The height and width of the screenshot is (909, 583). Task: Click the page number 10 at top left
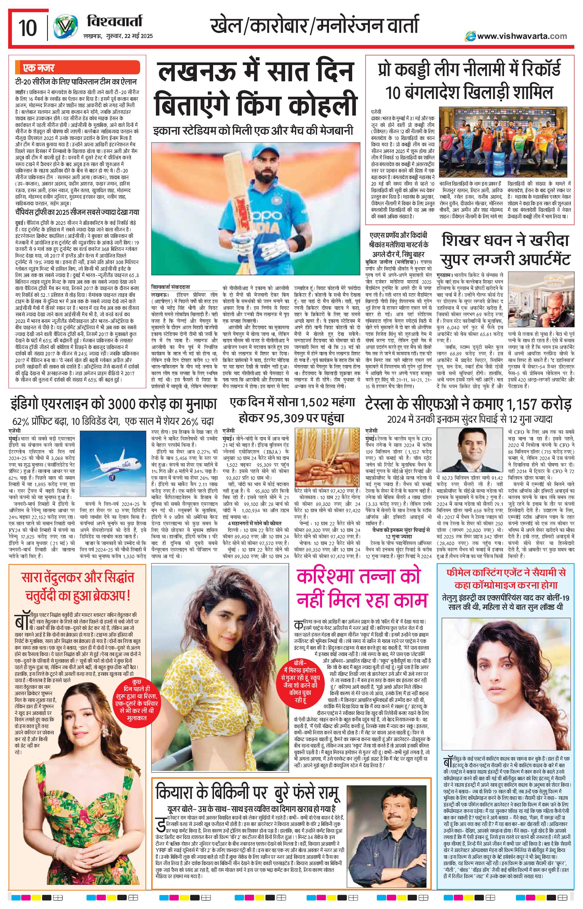(27, 28)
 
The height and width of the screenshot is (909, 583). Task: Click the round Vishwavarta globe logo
(65, 27)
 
